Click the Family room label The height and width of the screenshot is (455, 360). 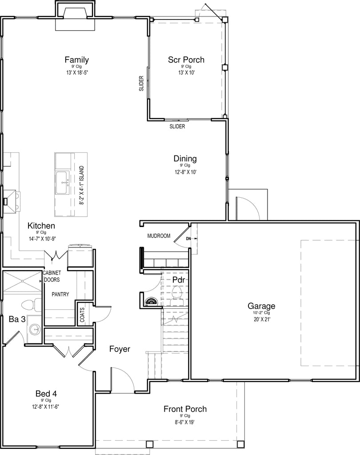[x=76, y=60]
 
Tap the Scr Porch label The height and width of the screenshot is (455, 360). [x=186, y=60]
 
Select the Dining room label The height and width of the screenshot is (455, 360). [x=185, y=159]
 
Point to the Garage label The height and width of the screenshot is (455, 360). [x=261, y=306]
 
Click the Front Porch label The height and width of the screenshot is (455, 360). [x=185, y=409]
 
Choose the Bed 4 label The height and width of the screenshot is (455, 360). [x=46, y=394]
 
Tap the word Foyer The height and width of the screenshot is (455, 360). [x=120, y=349]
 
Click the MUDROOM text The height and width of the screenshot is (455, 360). [x=159, y=236]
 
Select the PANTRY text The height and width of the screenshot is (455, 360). [x=60, y=294]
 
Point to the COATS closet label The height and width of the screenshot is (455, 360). [x=83, y=315]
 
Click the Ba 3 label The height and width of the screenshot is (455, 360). [x=17, y=319]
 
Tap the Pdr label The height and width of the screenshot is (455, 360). [x=179, y=280]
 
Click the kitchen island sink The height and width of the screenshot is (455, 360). [x=63, y=183]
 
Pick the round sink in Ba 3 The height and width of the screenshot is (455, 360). [x=36, y=329]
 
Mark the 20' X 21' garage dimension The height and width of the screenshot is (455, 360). [x=261, y=319]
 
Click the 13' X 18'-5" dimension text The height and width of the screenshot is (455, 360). [x=77, y=72]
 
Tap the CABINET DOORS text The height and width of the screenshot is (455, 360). [x=52, y=276]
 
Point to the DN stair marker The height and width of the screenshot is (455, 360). [x=189, y=239]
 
